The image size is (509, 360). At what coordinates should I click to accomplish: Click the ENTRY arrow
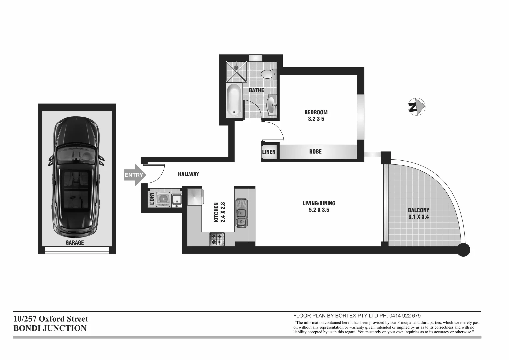pos(134,175)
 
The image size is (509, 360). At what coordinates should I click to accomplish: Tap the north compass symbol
pos(417,107)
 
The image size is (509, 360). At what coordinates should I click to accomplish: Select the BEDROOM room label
pos(316,112)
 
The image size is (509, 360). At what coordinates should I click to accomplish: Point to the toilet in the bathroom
pos(268,74)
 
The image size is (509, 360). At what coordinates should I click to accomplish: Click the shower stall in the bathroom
pos(237,71)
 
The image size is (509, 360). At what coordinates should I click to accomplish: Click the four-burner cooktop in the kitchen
pos(217,239)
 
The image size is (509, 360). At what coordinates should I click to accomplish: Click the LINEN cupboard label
pos(269,152)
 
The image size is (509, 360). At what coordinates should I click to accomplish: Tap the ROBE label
pos(315,152)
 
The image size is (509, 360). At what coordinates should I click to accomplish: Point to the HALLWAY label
pos(188,174)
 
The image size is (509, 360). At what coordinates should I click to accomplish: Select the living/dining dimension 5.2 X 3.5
pos(319,210)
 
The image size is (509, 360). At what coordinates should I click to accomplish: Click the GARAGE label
pos(75,243)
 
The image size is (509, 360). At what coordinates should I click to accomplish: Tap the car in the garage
pos(76,177)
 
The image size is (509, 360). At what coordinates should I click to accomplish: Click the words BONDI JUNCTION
pos(50,328)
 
